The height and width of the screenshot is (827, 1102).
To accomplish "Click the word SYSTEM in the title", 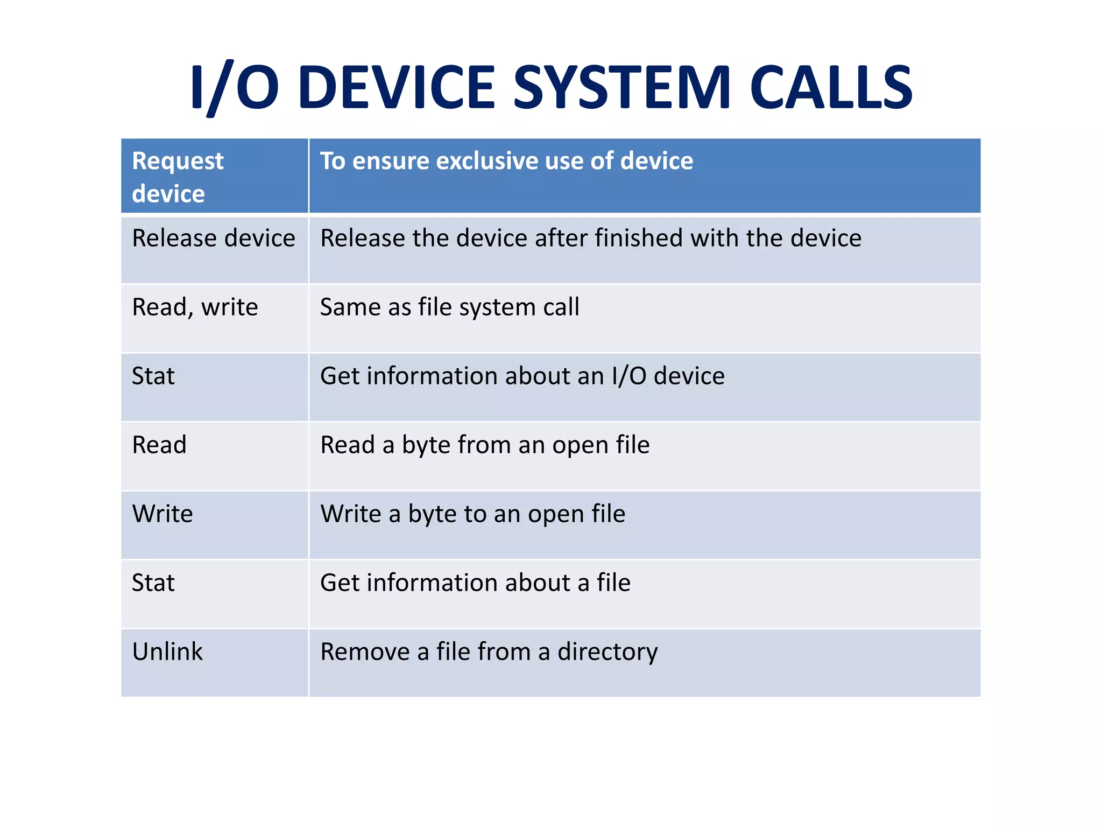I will [x=622, y=88].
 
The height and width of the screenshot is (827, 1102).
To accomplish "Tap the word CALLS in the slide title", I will [x=831, y=88].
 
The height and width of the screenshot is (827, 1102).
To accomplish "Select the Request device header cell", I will [x=178, y=177].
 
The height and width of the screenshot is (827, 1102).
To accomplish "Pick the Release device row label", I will [x=214, y=239].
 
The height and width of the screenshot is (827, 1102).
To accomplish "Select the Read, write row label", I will [x=195, y=307].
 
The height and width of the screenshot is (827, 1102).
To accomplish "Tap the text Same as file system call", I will [x=449, y=307].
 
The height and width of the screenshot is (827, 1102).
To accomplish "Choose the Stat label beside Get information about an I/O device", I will [x=153, y=376].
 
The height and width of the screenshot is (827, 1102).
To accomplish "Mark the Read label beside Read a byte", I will [x=159, y=445].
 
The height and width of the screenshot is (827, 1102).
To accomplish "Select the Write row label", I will [x=163, y=514].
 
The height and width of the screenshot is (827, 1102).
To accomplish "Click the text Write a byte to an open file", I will [x=472, y=514].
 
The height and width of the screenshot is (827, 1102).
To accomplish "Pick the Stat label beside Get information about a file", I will [x=153, y=583].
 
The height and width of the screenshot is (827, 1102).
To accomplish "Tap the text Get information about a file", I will [x=475, y=583].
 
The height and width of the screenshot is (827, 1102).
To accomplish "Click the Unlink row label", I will [x=167, y=652].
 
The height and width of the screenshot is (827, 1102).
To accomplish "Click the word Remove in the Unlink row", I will [x=365, y=652].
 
